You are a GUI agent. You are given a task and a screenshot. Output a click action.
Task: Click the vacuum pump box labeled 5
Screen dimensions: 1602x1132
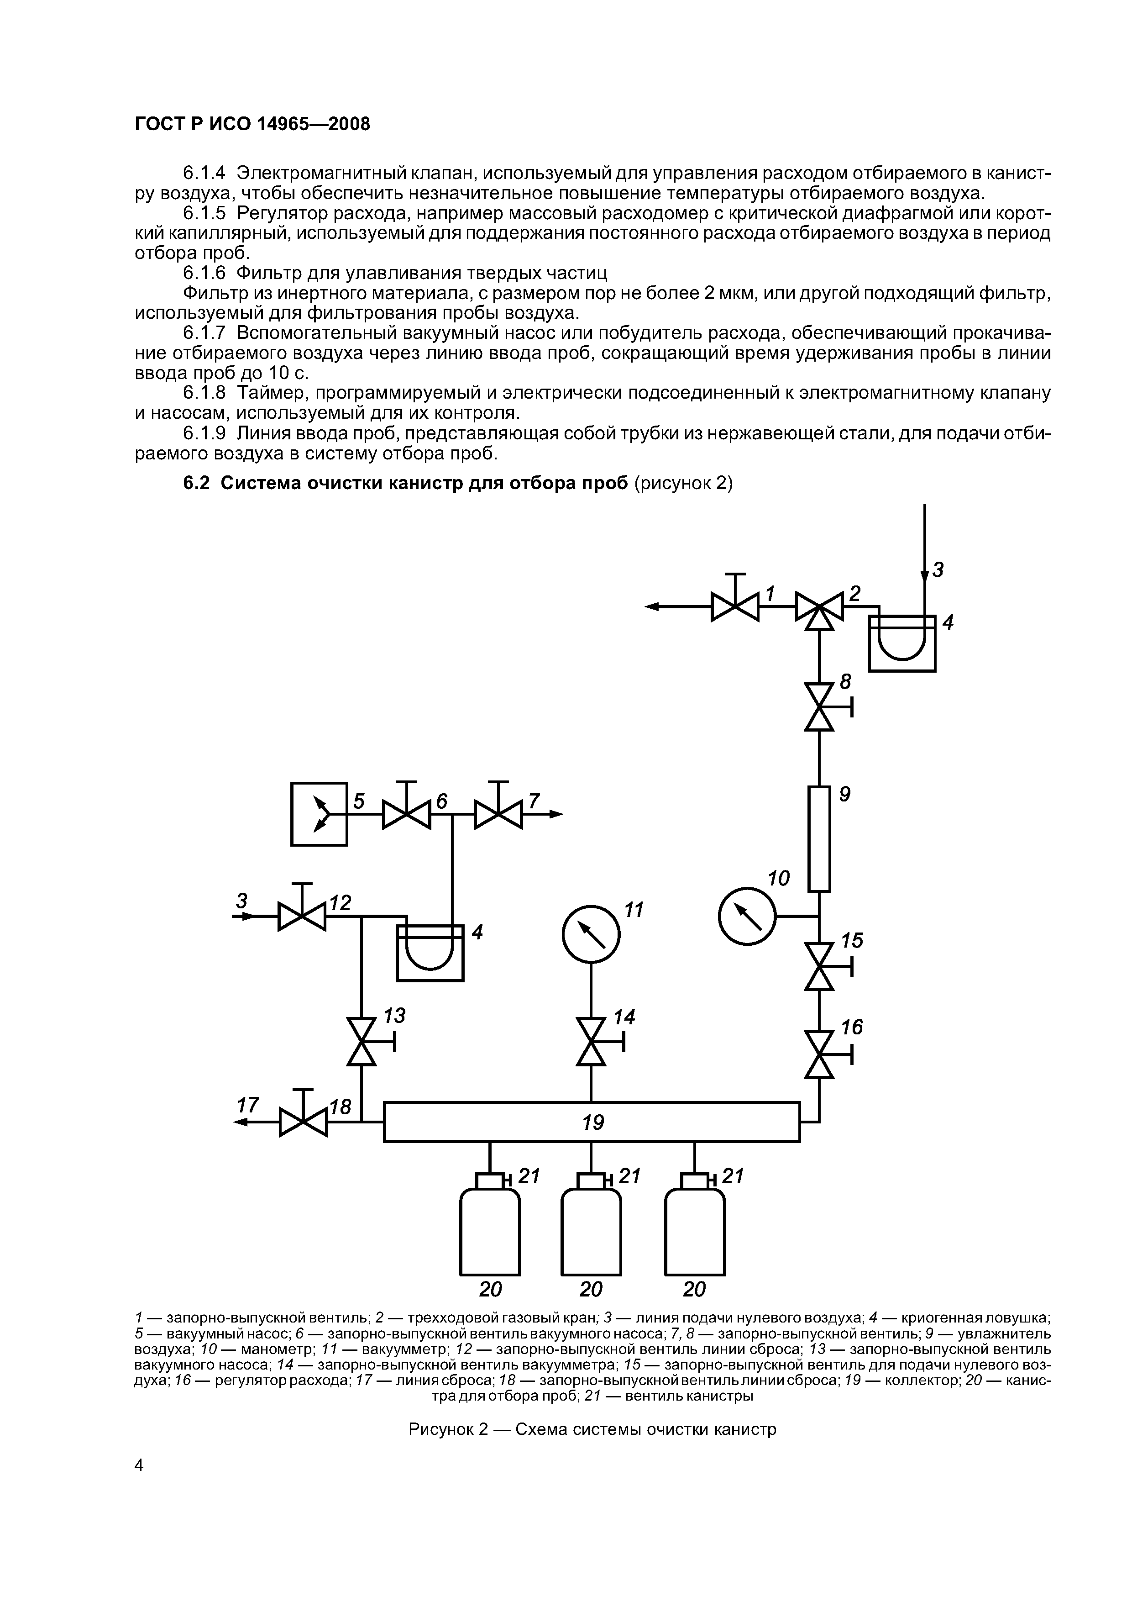319,814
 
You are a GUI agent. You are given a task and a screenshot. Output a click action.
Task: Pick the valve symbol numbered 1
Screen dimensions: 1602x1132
734,606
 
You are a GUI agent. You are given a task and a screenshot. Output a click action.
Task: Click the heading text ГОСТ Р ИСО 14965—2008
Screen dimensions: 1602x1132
252,123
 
